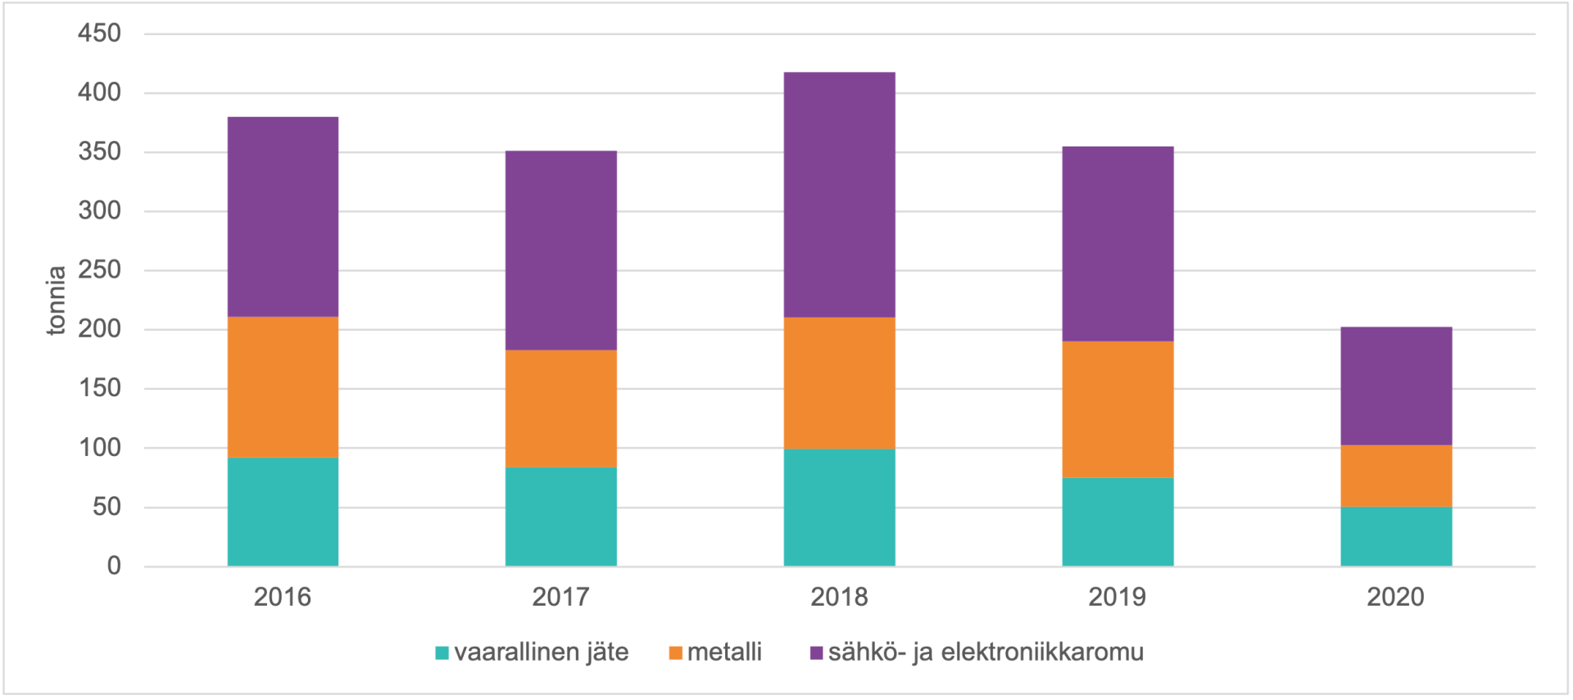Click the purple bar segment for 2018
coord(839,195)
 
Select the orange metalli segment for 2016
coord(283,386)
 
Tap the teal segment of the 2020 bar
coord(1396,536)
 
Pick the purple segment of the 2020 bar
coord(1396,386)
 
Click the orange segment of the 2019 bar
coord(1117,409)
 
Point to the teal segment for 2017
coord(560,516)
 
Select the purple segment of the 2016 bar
coord(283,217)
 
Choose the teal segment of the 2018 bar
coord(839,507)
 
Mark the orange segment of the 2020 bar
coord(1396,476)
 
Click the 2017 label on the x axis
coord(560,597)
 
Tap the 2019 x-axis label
coord(1117,597)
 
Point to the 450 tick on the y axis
coord(99,34)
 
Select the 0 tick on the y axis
coord(114,566)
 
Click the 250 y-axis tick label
coord(99,270)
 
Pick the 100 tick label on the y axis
coord(99,448)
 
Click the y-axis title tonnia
coord(56,300)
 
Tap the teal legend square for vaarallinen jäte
coord(442,653)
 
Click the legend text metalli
coord(724,653)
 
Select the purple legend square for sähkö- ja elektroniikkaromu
coord(816,653)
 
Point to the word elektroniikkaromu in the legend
coord(1042,653)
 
